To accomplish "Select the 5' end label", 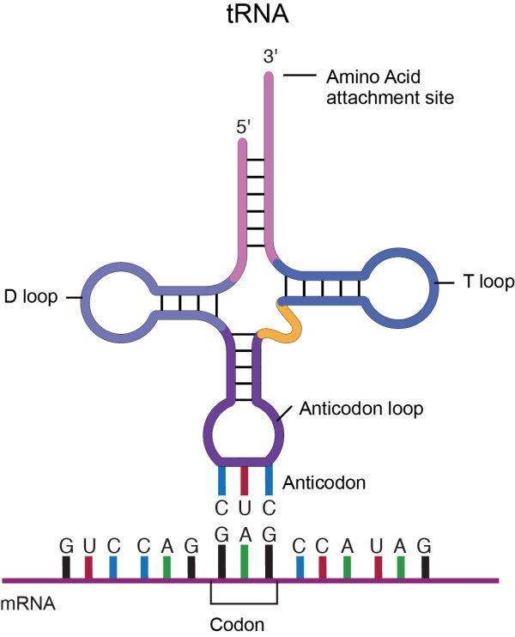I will [244, 126].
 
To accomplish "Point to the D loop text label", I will [30, 298].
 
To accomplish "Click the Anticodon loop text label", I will [361, 409].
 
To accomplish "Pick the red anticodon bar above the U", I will [245, 478].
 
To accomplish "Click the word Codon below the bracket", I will [244, 624].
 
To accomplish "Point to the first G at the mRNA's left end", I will [66, 544].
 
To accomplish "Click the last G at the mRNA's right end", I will [425, 544].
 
